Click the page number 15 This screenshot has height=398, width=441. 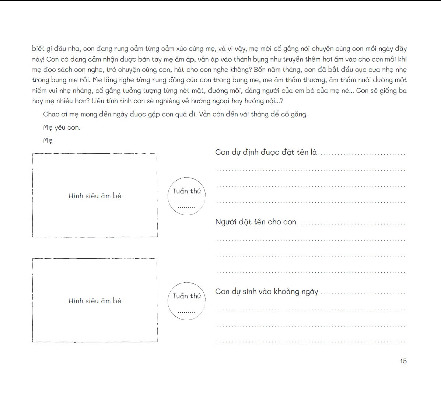point(403,361)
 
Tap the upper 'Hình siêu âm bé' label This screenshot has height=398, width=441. point(95,196)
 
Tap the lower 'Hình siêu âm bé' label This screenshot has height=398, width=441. point(95,301)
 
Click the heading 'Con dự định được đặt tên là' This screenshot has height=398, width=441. point(266,152)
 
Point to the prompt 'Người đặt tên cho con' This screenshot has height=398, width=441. point(256,222)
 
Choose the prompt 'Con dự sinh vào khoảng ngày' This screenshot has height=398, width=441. point(266,291)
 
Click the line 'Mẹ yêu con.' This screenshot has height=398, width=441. point(62,128)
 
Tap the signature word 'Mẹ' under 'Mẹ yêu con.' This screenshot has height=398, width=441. point(48,140)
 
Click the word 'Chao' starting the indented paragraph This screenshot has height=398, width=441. point(51,114)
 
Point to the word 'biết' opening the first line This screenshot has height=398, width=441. point(38,49)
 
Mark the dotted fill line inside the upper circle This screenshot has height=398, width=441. point(186,207)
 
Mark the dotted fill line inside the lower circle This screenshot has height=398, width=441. point(186,313)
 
